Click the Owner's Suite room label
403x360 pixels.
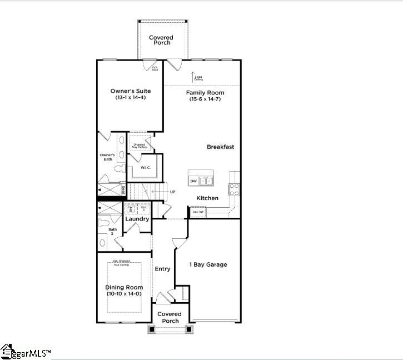click(x=131, y=91)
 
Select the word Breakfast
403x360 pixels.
click(x=220, y=147)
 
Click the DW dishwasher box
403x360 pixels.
click(x=193, y=181)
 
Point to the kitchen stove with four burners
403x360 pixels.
click(x=235, y=190)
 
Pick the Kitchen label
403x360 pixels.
click(x=207, y=198)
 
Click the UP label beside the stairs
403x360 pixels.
click(x=173, y=192)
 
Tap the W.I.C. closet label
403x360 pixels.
click(x=146, y=167)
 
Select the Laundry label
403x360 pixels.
click(x=137, y=219)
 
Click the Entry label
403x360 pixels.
click(x=162, y=269)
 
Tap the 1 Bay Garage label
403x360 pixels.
click(x=208, y=264)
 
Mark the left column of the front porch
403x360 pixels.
click(x=152, y=329)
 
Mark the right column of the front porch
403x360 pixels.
click(x=189, y=329)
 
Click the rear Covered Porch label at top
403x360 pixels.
click(x=161, y=40)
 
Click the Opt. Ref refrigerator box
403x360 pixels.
click(x=198, y=212)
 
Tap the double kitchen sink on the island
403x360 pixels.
click(x=207, y=181)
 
